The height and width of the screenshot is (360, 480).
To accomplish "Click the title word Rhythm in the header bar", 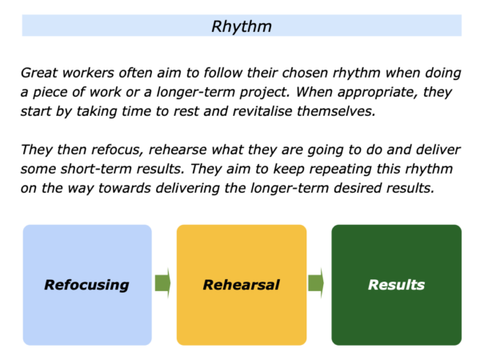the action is [242, 27].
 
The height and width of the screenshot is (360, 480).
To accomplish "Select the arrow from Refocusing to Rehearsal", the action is [162, 283].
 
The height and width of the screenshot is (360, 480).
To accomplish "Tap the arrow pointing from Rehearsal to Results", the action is [316, 283].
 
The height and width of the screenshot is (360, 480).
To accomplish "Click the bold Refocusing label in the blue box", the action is [86, 286].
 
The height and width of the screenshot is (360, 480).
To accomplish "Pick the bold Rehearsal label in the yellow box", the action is [242, 285].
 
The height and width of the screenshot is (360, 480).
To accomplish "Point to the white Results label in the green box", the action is [397, 285].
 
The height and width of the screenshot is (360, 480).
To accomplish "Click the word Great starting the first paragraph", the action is [39, 73].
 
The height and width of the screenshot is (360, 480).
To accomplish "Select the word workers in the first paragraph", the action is [88, 73].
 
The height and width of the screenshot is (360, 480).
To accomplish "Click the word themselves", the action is [336, 111].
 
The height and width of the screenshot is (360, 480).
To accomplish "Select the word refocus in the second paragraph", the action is [118, 150].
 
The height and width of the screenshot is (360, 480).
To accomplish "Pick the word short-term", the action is [96, 169].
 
